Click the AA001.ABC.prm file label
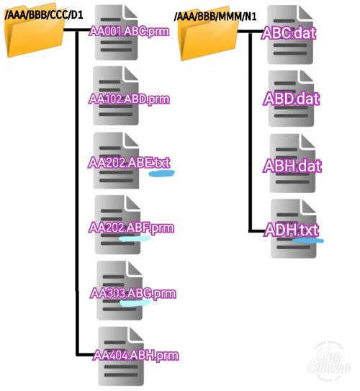[129, 32]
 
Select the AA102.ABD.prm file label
[129, 99]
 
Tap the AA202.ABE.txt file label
[129, 163]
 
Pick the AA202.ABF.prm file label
[131, 228]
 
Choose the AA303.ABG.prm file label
[133, 293]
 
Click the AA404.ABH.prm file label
[136, 355]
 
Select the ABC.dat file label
[289, 33]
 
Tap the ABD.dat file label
[292, 99]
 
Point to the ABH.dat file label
[292, 166]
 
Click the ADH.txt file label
[292, 230]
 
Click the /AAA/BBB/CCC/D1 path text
[44, 15]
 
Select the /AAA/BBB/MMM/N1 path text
[215, 17]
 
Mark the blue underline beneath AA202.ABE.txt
[161, 174]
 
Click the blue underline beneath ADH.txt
[308, 241]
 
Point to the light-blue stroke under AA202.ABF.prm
[135, 239]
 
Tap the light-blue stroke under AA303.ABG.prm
[135, 303]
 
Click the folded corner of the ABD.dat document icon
[306, 76]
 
